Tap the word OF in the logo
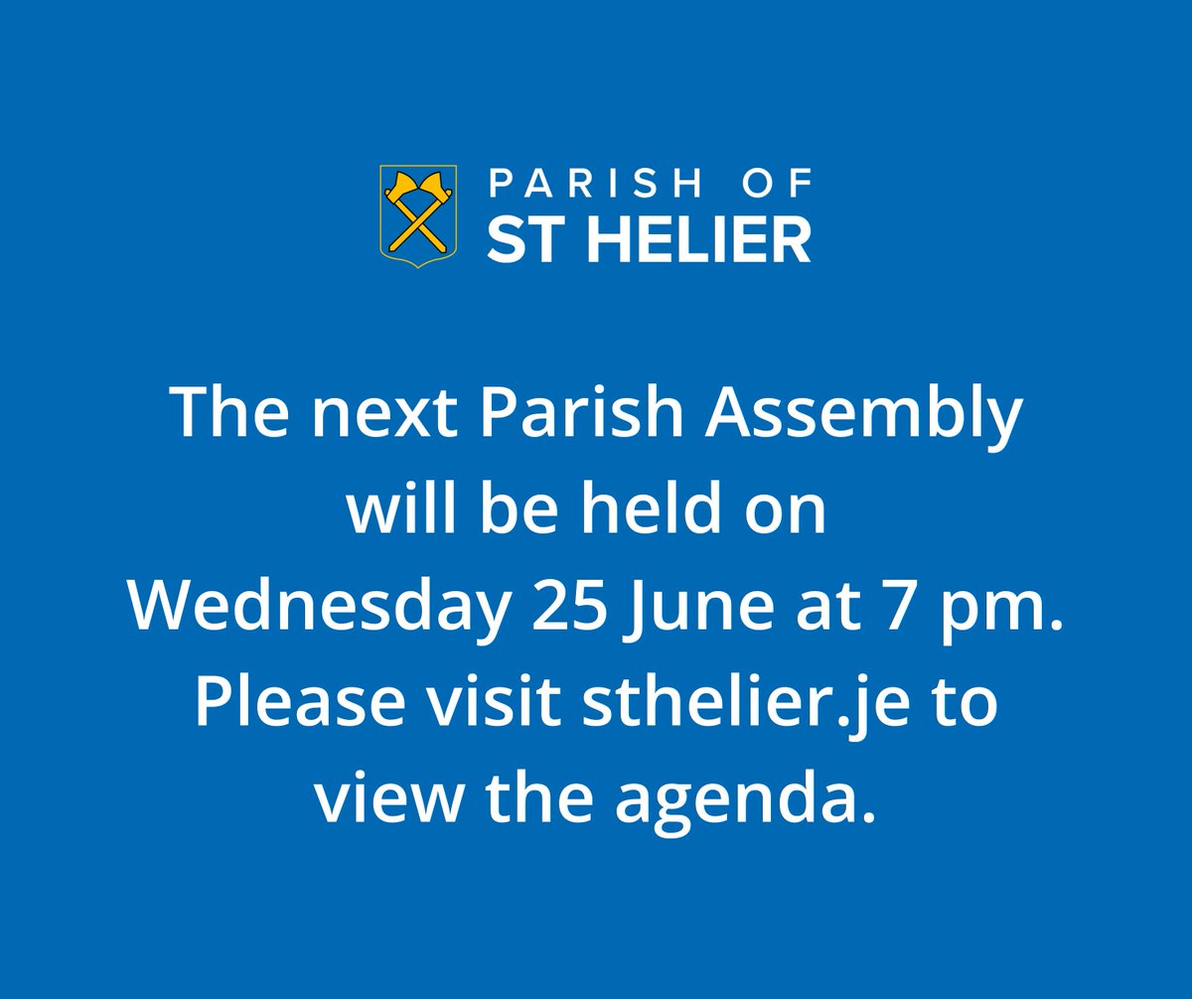(779, 183)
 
